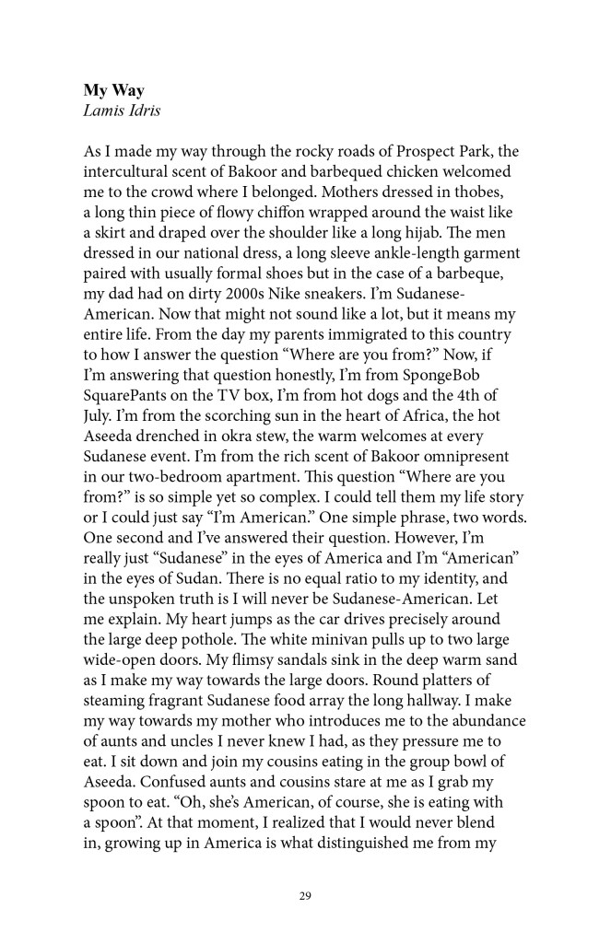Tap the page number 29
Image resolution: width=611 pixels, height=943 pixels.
pos(305,892)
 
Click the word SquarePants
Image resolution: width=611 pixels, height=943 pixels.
pos(128,374)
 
